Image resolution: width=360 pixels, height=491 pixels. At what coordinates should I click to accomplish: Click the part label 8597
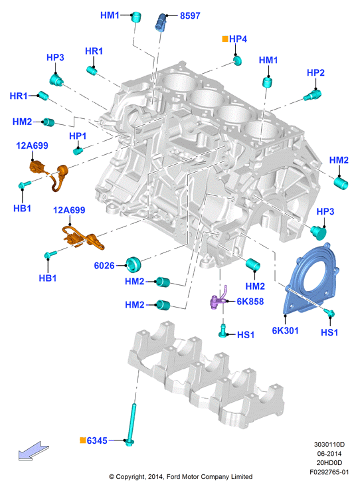click(x=190, y=16)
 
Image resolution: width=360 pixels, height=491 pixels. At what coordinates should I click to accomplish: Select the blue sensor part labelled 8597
click(x=161, y=22)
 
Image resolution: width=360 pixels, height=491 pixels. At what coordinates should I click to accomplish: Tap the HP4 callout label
click(x=238, y=39)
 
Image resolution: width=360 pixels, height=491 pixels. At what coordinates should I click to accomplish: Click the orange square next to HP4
click(x=225, y=39)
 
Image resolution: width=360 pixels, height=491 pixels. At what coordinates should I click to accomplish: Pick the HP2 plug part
click(x=312, y=95)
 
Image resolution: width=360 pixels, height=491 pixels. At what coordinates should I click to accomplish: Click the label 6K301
click(x=285, y=331)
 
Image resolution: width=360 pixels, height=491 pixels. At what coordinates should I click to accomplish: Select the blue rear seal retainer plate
click(x=311, y=278)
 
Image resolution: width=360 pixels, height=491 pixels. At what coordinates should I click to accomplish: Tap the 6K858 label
click(x=250, y=302)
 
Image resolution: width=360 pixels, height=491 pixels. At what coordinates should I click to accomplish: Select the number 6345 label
click(x=97, y=441)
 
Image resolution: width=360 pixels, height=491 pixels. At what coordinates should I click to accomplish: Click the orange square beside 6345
click(x=82, y=440)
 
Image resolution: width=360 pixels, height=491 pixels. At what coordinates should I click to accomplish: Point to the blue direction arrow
click(x=33, y=451)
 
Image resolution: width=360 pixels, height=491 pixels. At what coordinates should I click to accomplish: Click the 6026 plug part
click(x=134, y=264)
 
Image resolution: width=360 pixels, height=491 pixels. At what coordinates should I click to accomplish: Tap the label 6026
click(x=104, y=266)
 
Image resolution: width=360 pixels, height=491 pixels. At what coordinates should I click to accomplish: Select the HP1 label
click(x=78, y=136)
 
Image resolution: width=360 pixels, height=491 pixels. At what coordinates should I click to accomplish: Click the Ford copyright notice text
click(x=181, y=476)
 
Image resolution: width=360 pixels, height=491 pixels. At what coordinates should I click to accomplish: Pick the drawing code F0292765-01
click(x=329, y=472)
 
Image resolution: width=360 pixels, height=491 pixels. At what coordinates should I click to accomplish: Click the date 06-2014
click(x=329, y=453)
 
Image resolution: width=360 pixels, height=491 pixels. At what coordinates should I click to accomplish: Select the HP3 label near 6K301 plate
click(x=325, y=212)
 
